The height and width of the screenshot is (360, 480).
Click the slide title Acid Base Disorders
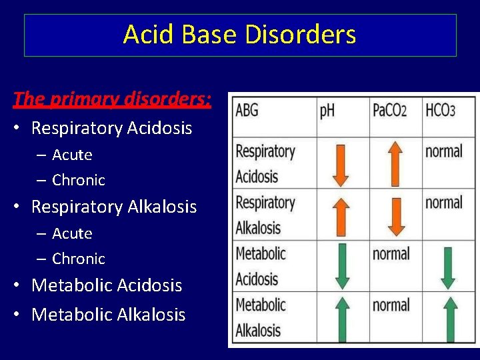tap(239, 35)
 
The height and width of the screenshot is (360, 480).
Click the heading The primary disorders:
tap(112, 99)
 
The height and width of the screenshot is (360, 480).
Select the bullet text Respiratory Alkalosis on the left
tap(114, 207)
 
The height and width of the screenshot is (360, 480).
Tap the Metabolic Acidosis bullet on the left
tap(107, 285)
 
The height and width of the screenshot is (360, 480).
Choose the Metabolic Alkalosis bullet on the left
tap(108, 315)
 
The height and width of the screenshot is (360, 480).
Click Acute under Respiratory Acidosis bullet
tap(72, 155)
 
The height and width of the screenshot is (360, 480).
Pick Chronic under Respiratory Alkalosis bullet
tap(79, 259)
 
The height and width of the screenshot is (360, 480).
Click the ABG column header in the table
tap(247, 111)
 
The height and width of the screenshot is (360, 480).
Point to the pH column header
tap(327, 111)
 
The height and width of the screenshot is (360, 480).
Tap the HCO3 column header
tap(440, 111)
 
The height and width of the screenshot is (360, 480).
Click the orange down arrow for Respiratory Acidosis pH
tap(341, 164)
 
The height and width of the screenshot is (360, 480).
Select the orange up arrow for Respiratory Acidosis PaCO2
tap(395, 164)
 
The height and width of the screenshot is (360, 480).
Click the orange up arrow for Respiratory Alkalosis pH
tap(341, 215)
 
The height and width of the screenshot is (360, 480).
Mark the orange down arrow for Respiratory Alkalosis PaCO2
tap(395, 215)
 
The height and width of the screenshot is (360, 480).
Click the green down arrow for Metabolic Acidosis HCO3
tap(449, 267)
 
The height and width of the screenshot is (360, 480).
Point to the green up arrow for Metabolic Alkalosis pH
tap(341, 319)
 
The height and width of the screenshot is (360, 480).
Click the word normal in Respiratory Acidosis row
tap(443, 151)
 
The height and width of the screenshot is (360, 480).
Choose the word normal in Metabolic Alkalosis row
tap(391, 305)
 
